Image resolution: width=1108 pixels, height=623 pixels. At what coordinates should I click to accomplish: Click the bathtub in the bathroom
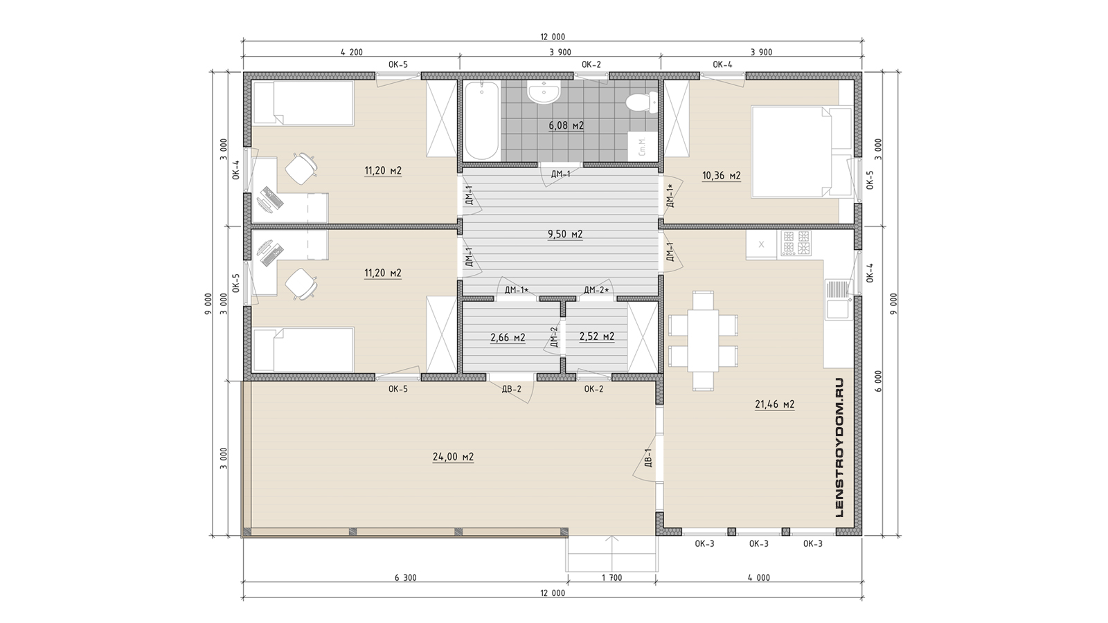point(482,120)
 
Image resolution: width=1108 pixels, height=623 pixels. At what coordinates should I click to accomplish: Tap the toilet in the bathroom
point(641,102)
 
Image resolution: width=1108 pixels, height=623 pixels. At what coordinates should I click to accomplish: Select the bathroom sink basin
point(544,93)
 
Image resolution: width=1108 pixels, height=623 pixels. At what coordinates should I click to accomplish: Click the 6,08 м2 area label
point(566,125)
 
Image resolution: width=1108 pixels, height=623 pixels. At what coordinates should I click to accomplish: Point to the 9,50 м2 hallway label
point(565,235)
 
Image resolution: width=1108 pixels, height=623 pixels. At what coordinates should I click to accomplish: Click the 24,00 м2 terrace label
point(453,457)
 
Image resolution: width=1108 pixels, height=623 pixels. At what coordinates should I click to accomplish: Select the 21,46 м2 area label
point(775,404)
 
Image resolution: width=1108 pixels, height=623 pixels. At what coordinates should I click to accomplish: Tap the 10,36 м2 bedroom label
point(721,176)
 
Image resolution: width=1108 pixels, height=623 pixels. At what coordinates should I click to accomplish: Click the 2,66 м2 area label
point(508,338)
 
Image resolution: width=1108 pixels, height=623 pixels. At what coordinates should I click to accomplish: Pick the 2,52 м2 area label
point(596,336)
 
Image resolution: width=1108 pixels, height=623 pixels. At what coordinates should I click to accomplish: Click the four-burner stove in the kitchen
point(796,243)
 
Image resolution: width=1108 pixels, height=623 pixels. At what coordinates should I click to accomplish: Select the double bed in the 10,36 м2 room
point(801,152)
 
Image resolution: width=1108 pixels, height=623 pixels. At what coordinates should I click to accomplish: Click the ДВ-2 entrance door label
point(512,389)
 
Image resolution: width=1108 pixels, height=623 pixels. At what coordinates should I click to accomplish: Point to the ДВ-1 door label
point(648,458)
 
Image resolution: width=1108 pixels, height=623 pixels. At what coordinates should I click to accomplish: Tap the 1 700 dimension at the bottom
point(611,577)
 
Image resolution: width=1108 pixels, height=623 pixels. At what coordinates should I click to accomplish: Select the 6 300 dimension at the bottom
point(406,577)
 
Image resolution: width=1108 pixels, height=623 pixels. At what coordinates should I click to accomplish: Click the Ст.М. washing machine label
point(642,147)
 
